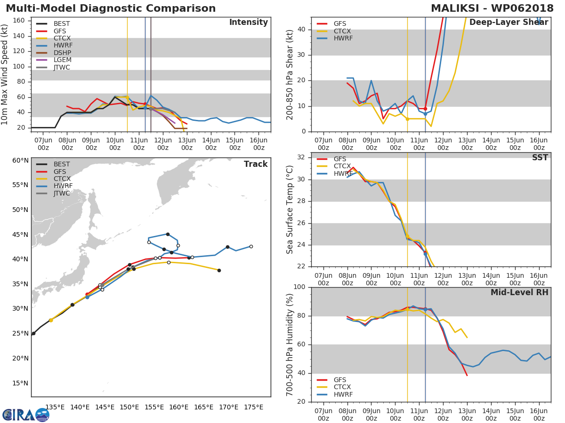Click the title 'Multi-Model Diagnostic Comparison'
tap(111, 8)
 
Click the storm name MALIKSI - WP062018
tap(492, 8)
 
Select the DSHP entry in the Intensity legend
tap(62, 53)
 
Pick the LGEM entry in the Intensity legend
tap(62, 60)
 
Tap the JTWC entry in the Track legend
tap(62, 194)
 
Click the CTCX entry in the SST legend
tap(342, 166)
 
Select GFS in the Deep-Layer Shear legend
tap(340, 23)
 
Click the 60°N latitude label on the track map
tap(20, 160)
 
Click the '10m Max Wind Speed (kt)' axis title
tap(6, 74)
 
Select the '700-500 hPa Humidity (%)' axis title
tap(290, 345)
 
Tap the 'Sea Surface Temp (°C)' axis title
tap(290, 210)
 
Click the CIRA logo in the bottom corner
tap(26, 415)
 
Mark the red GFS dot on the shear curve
tap(425, 109)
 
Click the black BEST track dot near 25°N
tap(33, 333)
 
